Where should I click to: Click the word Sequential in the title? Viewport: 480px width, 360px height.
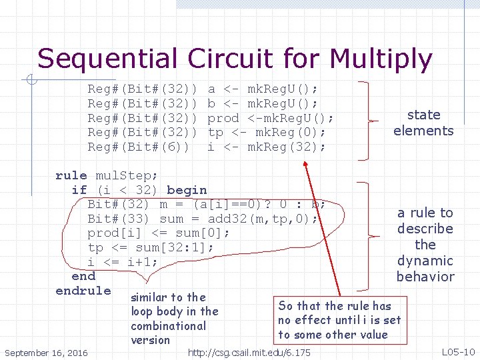pos(109,59)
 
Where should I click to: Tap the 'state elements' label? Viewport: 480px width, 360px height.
pos(423,123)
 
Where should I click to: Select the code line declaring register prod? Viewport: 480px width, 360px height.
pos(210,118)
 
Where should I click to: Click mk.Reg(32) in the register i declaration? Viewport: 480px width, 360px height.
pos(286,147)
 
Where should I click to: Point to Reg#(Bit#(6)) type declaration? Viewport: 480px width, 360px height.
pos(139,147)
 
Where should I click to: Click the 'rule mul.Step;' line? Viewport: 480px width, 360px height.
pos(107,175)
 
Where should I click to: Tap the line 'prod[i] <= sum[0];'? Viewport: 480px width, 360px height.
pos(159,233)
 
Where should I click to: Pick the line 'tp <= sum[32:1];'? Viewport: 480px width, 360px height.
pos(151,247)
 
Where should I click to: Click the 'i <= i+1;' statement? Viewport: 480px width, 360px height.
pos(123,262)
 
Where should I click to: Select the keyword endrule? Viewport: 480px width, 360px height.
pos(83,291)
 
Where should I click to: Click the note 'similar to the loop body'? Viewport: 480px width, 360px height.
pos(174,319)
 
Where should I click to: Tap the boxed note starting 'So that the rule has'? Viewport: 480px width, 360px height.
pos(339,320)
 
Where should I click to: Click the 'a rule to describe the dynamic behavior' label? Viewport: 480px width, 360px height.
pos(425,245)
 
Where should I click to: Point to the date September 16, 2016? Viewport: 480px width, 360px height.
pos(45,352)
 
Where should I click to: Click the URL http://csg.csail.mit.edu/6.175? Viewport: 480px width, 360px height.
pos(249,352)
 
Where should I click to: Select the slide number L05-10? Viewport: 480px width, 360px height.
pos(458,351)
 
